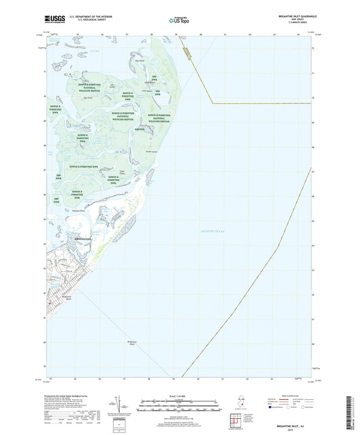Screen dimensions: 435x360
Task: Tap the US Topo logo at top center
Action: click(x=179, y=21)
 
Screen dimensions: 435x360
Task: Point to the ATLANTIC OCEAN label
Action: click(x=215, y=232)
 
